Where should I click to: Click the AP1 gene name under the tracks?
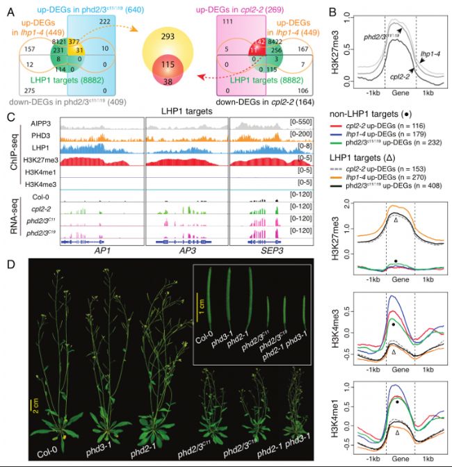[x=102, y=249]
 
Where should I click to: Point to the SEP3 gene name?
[x=269, y=249]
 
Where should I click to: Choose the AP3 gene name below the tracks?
[x=184, y=249]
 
